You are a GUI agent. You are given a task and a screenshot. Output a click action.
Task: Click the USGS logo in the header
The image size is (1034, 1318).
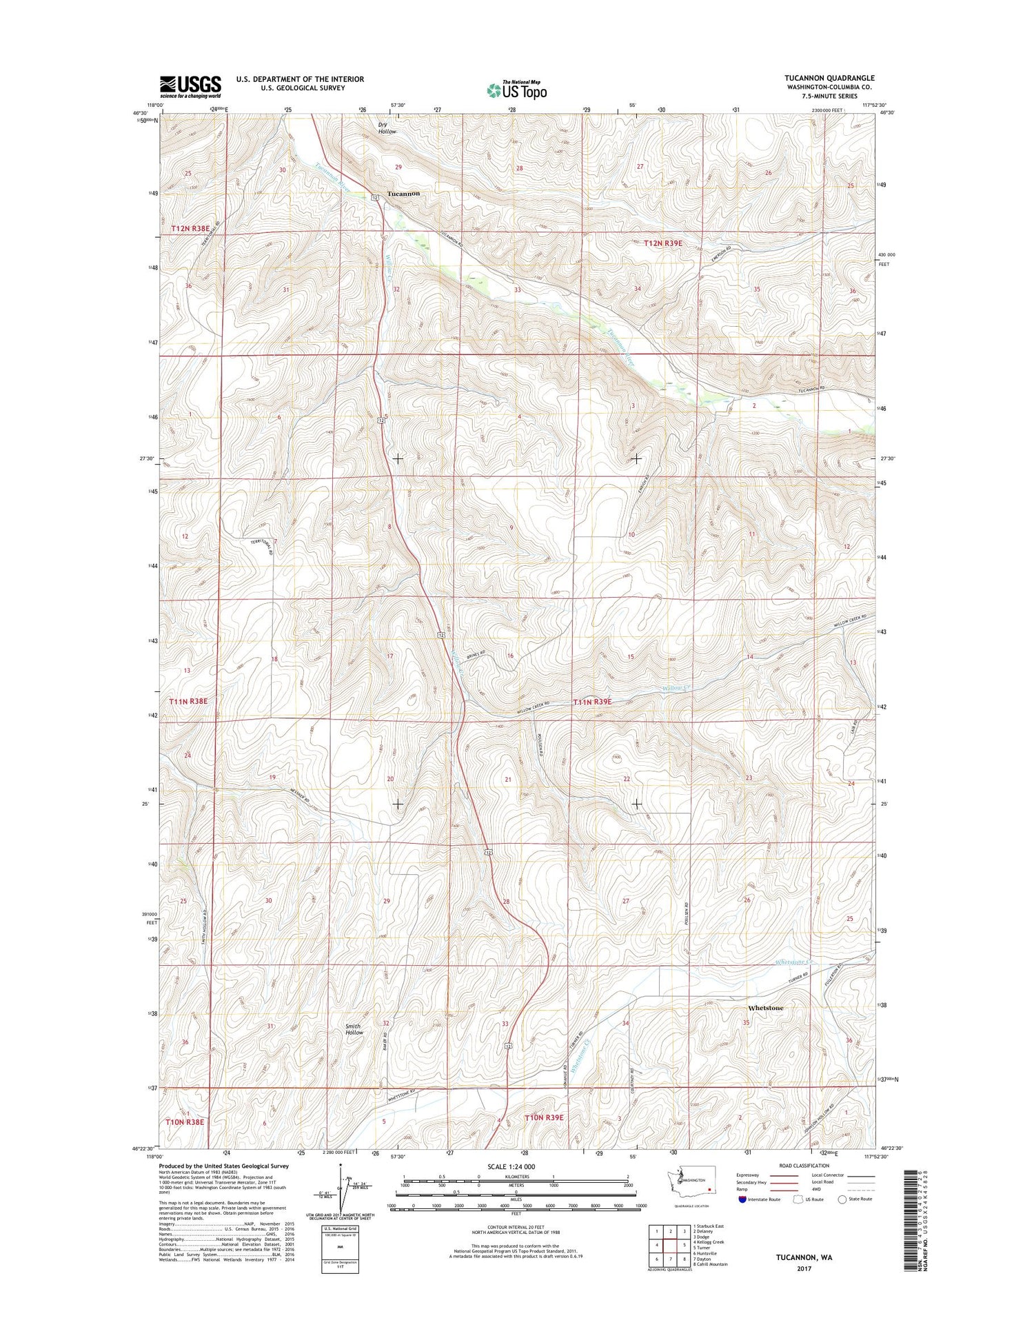point(190,87)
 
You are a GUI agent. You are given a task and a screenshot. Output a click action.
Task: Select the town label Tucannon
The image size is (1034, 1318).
point(403,194)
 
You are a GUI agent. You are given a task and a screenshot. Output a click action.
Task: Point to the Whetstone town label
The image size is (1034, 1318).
point(765,1008)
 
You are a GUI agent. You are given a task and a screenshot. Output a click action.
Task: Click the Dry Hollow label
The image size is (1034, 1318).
point(387,128)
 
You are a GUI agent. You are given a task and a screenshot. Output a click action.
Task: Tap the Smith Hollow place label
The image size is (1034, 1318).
point(354,1028)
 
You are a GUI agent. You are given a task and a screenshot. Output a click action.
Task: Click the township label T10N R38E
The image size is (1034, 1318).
point(185,1122)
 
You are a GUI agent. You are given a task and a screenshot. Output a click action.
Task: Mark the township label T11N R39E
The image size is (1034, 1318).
point(592,702)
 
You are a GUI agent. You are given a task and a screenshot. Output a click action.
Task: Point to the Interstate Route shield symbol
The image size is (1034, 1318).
point(742,1199)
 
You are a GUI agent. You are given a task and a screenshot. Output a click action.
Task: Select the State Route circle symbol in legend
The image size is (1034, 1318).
point(842,1199)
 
